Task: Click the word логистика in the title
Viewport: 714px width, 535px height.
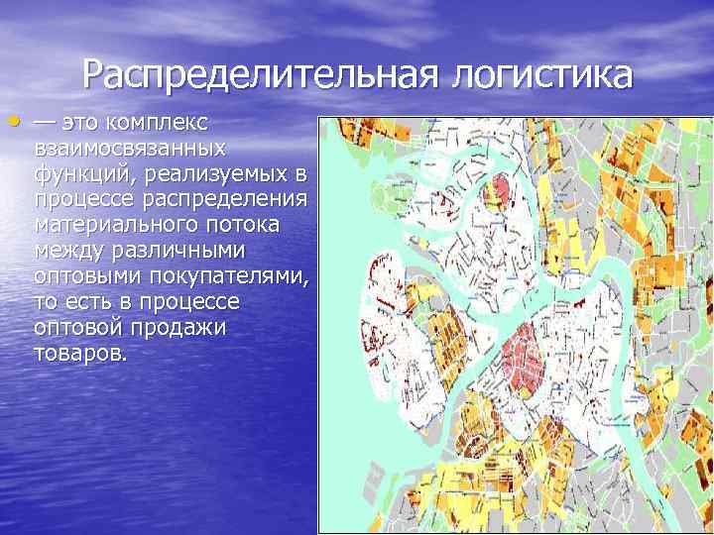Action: pos(541,76)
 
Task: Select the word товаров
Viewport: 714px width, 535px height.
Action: pos(79,352)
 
